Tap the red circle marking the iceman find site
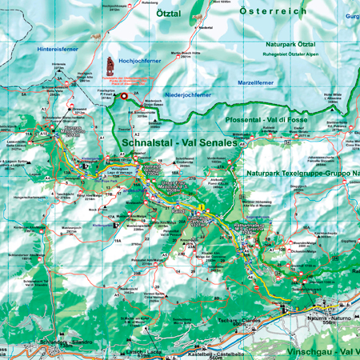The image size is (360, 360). tap(124, 96)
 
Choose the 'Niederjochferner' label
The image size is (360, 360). tap(190, 94)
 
